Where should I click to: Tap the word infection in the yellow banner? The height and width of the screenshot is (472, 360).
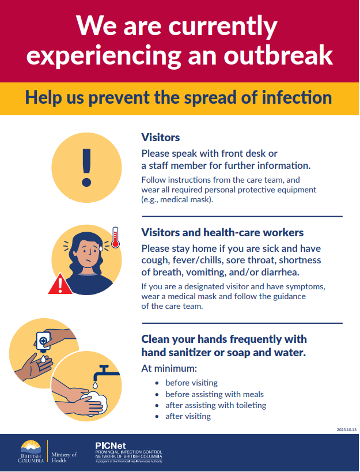pyautogui.click(x=297, y=97)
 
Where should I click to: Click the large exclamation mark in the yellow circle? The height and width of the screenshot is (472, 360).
pyautogui.click(x=86, y=167)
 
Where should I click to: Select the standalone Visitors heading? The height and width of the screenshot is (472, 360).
pyautogui.click(x=161, y=138)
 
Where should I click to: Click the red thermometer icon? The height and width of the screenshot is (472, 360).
pyautogui.click(x=115, y=237)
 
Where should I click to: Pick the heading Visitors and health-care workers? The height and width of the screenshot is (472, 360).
pyautogui.click(x=222, y=232)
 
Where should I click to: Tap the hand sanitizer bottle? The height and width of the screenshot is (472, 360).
pyautogui.click(x=43, y=342)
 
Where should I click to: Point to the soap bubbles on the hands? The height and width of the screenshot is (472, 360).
pyautogui.click(x=97, y=403)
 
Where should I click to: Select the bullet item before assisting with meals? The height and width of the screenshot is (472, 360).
pyautogui.click(x=214, y=394)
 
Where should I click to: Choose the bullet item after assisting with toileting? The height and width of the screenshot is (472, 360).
pyautogui.click(x=215, y=406)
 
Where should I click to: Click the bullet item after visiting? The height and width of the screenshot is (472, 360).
pyautogui.click(x=188, y=416)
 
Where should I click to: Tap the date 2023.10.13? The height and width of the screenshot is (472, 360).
pyautogui.click(x=347, y=429)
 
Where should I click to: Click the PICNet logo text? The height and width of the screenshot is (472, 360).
pyautogui.click(x=111, y=446)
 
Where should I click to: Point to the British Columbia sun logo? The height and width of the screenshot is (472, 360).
pyautogui.click(x=31, y=447)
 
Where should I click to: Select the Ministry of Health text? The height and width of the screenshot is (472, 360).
pyautogui.click(x=64, y=457)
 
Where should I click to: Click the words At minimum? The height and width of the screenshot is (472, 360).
pyautogui.click(x=169, y=368)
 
